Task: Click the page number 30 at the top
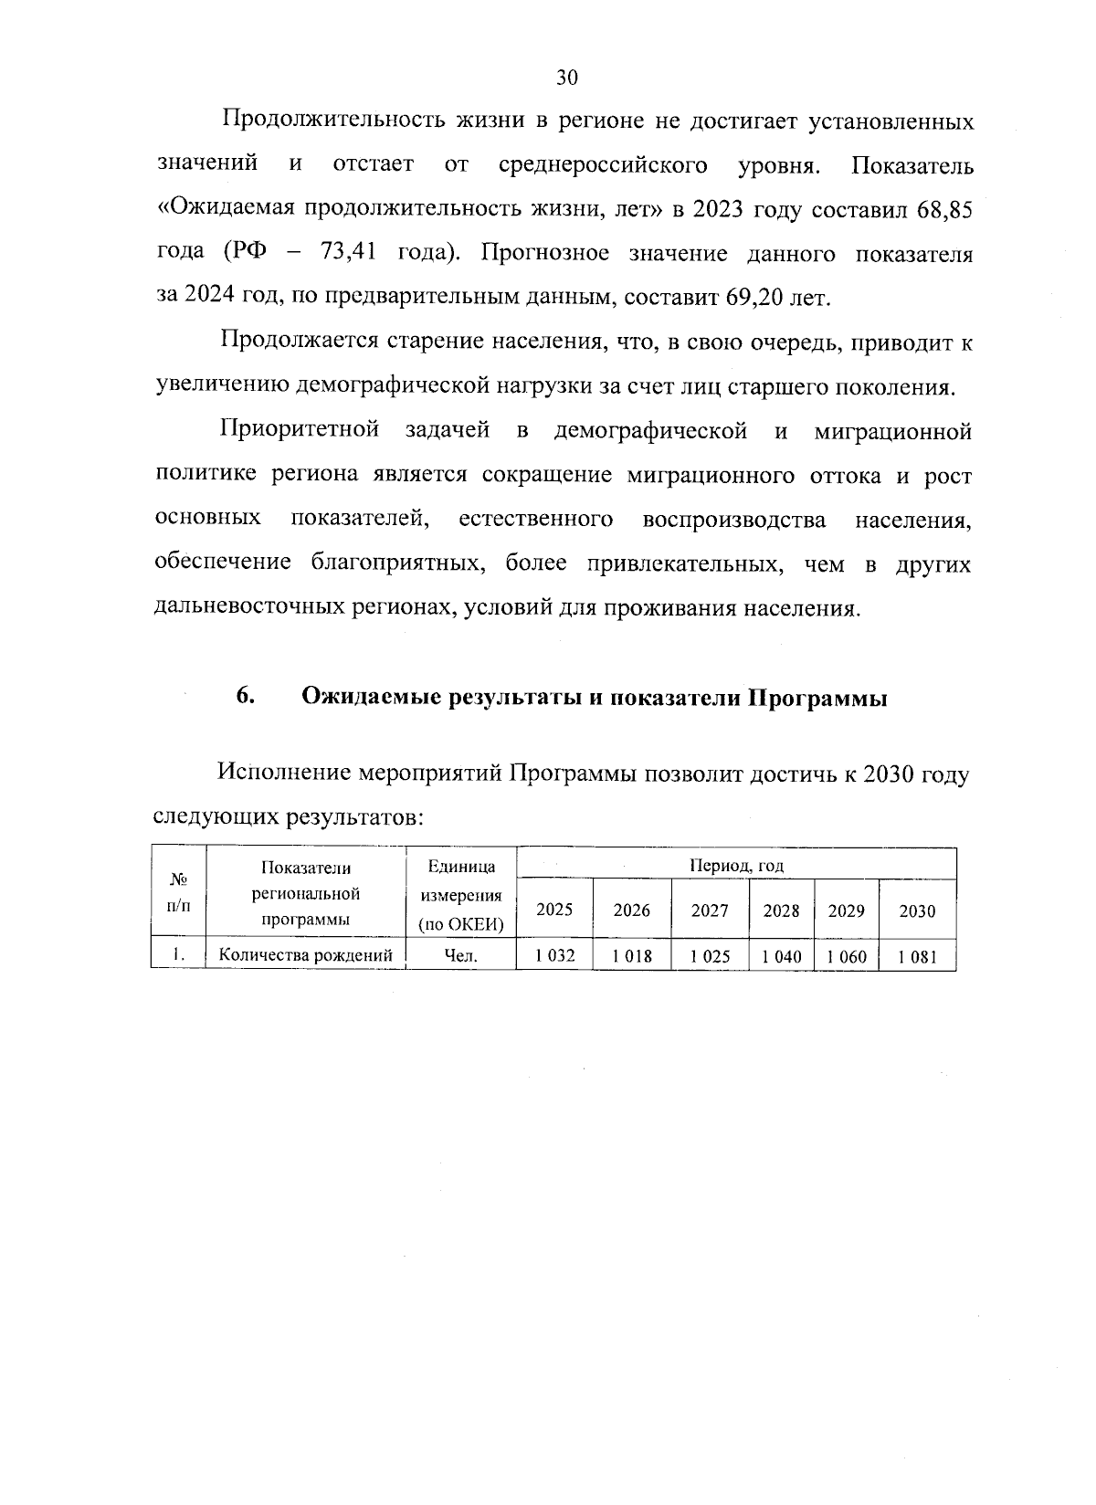point(566,79)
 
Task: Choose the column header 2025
point(553,910)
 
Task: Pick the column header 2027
point(710,910)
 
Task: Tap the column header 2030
point(916,910)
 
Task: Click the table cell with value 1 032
point(553,956)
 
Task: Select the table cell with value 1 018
point(631,956)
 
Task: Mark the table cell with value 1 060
point(846,956)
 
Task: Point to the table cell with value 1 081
point(916,956)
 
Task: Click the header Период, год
point(736,865)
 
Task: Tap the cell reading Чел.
point(460,956)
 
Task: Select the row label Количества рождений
point(306,956)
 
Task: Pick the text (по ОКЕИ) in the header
point(460,924)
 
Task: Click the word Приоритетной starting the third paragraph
point(300,431)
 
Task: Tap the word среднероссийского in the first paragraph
point(604,165)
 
